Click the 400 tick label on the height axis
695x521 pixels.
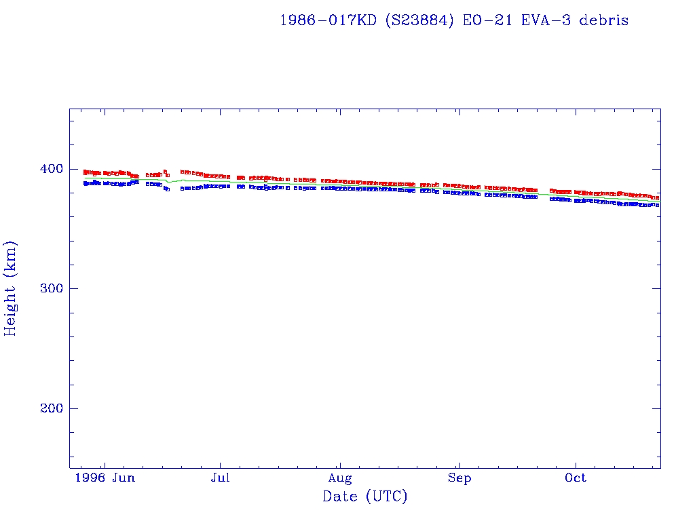pyautogui.click(x=50, y=169)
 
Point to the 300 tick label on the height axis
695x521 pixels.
pyautogui.click(x=50, y=289)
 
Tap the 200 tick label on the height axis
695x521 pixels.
pyautogui.click(x=50, y=408)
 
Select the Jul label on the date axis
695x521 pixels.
pyautogui.click(x=220, y=478)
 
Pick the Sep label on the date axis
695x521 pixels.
pyautogui.click(x=459, y=478)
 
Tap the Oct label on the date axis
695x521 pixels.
pyautogui.click(x=576, y=478)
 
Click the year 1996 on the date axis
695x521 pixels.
pyautogui.click(x=90, y=478)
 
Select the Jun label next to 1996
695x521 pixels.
pyautogui.click(x=124, y=478)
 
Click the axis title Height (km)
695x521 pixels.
pyautogui.click(x=11, y=288)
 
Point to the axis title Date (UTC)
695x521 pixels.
pyautogui.click(x=365, y=497)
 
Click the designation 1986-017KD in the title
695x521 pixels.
pyautogui.click(x=328, y=20)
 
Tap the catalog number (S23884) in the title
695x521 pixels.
pyautogui.click(x=421, y=20)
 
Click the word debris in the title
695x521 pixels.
pyautogui.click(x=605, y=20)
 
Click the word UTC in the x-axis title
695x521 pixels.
pyautogui.click(x=387, y=497)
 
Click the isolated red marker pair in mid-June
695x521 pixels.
pyautogui.click(x=166, y=173)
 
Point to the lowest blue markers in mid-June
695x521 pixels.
pyautogui.click(x=167, y=189)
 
